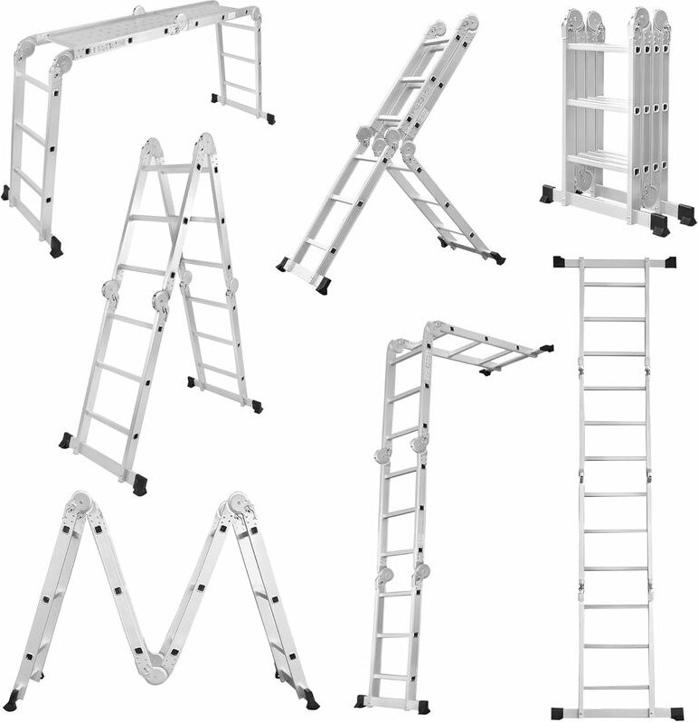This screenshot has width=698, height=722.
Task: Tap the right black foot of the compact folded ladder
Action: tap(660, 224)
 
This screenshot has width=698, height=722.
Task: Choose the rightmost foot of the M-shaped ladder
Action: tap(311, 700)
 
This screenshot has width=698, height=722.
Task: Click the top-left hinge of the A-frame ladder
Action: tap(155, 147)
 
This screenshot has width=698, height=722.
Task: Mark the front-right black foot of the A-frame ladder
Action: tap(140, 485)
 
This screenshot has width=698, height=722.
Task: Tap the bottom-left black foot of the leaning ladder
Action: tap(282, 264)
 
